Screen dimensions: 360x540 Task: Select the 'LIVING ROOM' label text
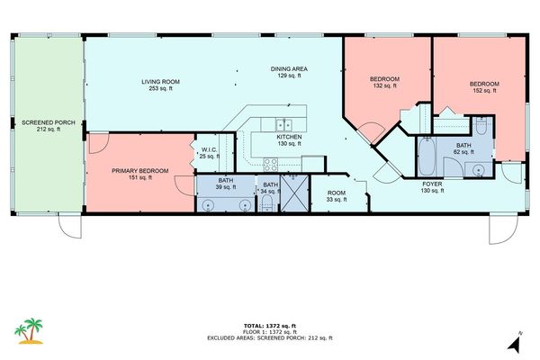point(161,83)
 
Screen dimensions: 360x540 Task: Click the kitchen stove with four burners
point(269,164)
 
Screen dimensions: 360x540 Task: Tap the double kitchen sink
point(283,126)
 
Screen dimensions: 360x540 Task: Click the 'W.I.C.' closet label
point(209,150)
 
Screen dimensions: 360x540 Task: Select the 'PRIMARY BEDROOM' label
point(139,170)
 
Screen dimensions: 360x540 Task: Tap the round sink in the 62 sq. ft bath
point(476,167)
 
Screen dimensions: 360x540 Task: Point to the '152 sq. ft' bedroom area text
point(483,91)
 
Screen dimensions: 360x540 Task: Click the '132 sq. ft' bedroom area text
point(384,87)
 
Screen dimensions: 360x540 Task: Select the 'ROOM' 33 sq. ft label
point(337,193)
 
